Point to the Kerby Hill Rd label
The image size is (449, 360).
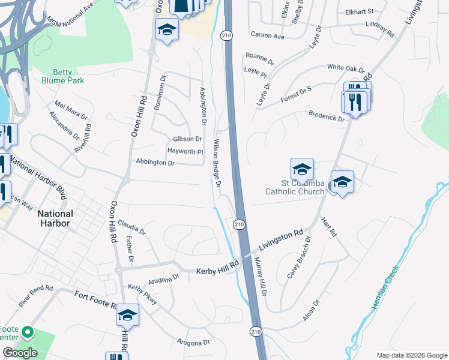click(x=217, y=268)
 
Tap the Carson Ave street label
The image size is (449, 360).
click(x=268, y=36)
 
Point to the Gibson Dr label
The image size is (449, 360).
click(x=187, y=139)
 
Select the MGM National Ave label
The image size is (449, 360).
click(x=70, y=13)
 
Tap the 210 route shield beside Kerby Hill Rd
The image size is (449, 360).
click(x=239, y=224)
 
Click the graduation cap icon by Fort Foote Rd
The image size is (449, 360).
click(x=127, y=314)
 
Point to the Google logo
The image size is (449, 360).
click(x=20, y=352)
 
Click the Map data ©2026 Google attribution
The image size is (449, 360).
click(x=411, y=355)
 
